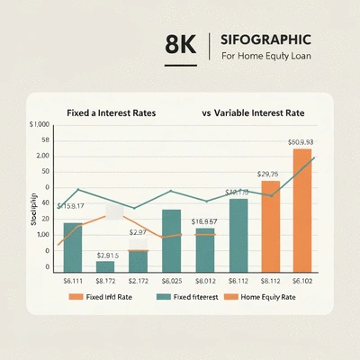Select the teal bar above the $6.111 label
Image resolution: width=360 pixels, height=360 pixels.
pyautogui.click(x=72, y=247)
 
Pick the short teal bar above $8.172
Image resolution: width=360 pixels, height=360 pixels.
pyautogui.click(x=105, y=266)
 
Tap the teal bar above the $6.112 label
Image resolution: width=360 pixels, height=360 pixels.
pyautogui.click(x=238, y=235)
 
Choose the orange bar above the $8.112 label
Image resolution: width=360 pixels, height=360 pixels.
pyautogui.click(x=271, y=226)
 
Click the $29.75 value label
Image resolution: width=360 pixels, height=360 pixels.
pyautogui.click(x=269, y=174)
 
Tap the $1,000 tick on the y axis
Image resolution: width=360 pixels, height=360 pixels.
pyautogui.click(x=39, y=124)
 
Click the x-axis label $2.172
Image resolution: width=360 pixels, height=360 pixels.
pyautogui.click(x=139, y=281)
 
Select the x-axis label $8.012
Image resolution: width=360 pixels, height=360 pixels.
pyautogui.click(x=205, y=281)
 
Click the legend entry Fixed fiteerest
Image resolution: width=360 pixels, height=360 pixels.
pyautogui.click(x=191, y=296)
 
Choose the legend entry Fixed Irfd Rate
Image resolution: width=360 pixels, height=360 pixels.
pyautogui.click(x=108, y=296)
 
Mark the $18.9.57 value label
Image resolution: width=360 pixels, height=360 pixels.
pyautogui.click(x=204, y=220)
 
